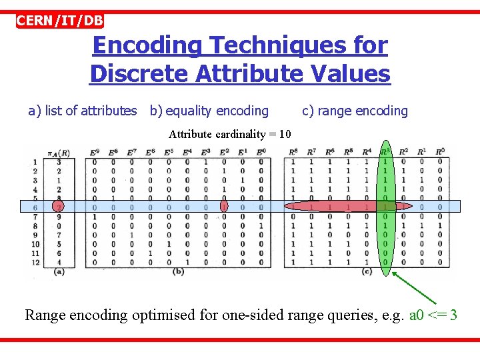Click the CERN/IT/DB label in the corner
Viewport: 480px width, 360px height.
coord(60,20)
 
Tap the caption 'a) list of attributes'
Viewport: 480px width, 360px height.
coord(83,111)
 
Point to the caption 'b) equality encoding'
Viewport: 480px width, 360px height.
coord(209,111)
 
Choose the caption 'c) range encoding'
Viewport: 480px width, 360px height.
coord(355,111)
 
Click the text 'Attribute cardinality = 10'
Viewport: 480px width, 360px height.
coord(229,134)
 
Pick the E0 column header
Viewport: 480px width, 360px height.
coord(261,153)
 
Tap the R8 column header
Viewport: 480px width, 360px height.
coord(293,153)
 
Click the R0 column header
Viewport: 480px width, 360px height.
coord(440,153)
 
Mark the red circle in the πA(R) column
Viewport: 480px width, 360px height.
coord(59,207)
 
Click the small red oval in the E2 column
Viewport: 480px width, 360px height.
coord(224,207)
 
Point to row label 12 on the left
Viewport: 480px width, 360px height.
coord(35,262)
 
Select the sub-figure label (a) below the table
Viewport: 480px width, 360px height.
coord(59,272)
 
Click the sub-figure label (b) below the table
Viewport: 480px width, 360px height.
coord(178,272)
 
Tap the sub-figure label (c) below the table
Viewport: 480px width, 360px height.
coord(367,272)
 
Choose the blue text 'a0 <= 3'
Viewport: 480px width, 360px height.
coord(433,315)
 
